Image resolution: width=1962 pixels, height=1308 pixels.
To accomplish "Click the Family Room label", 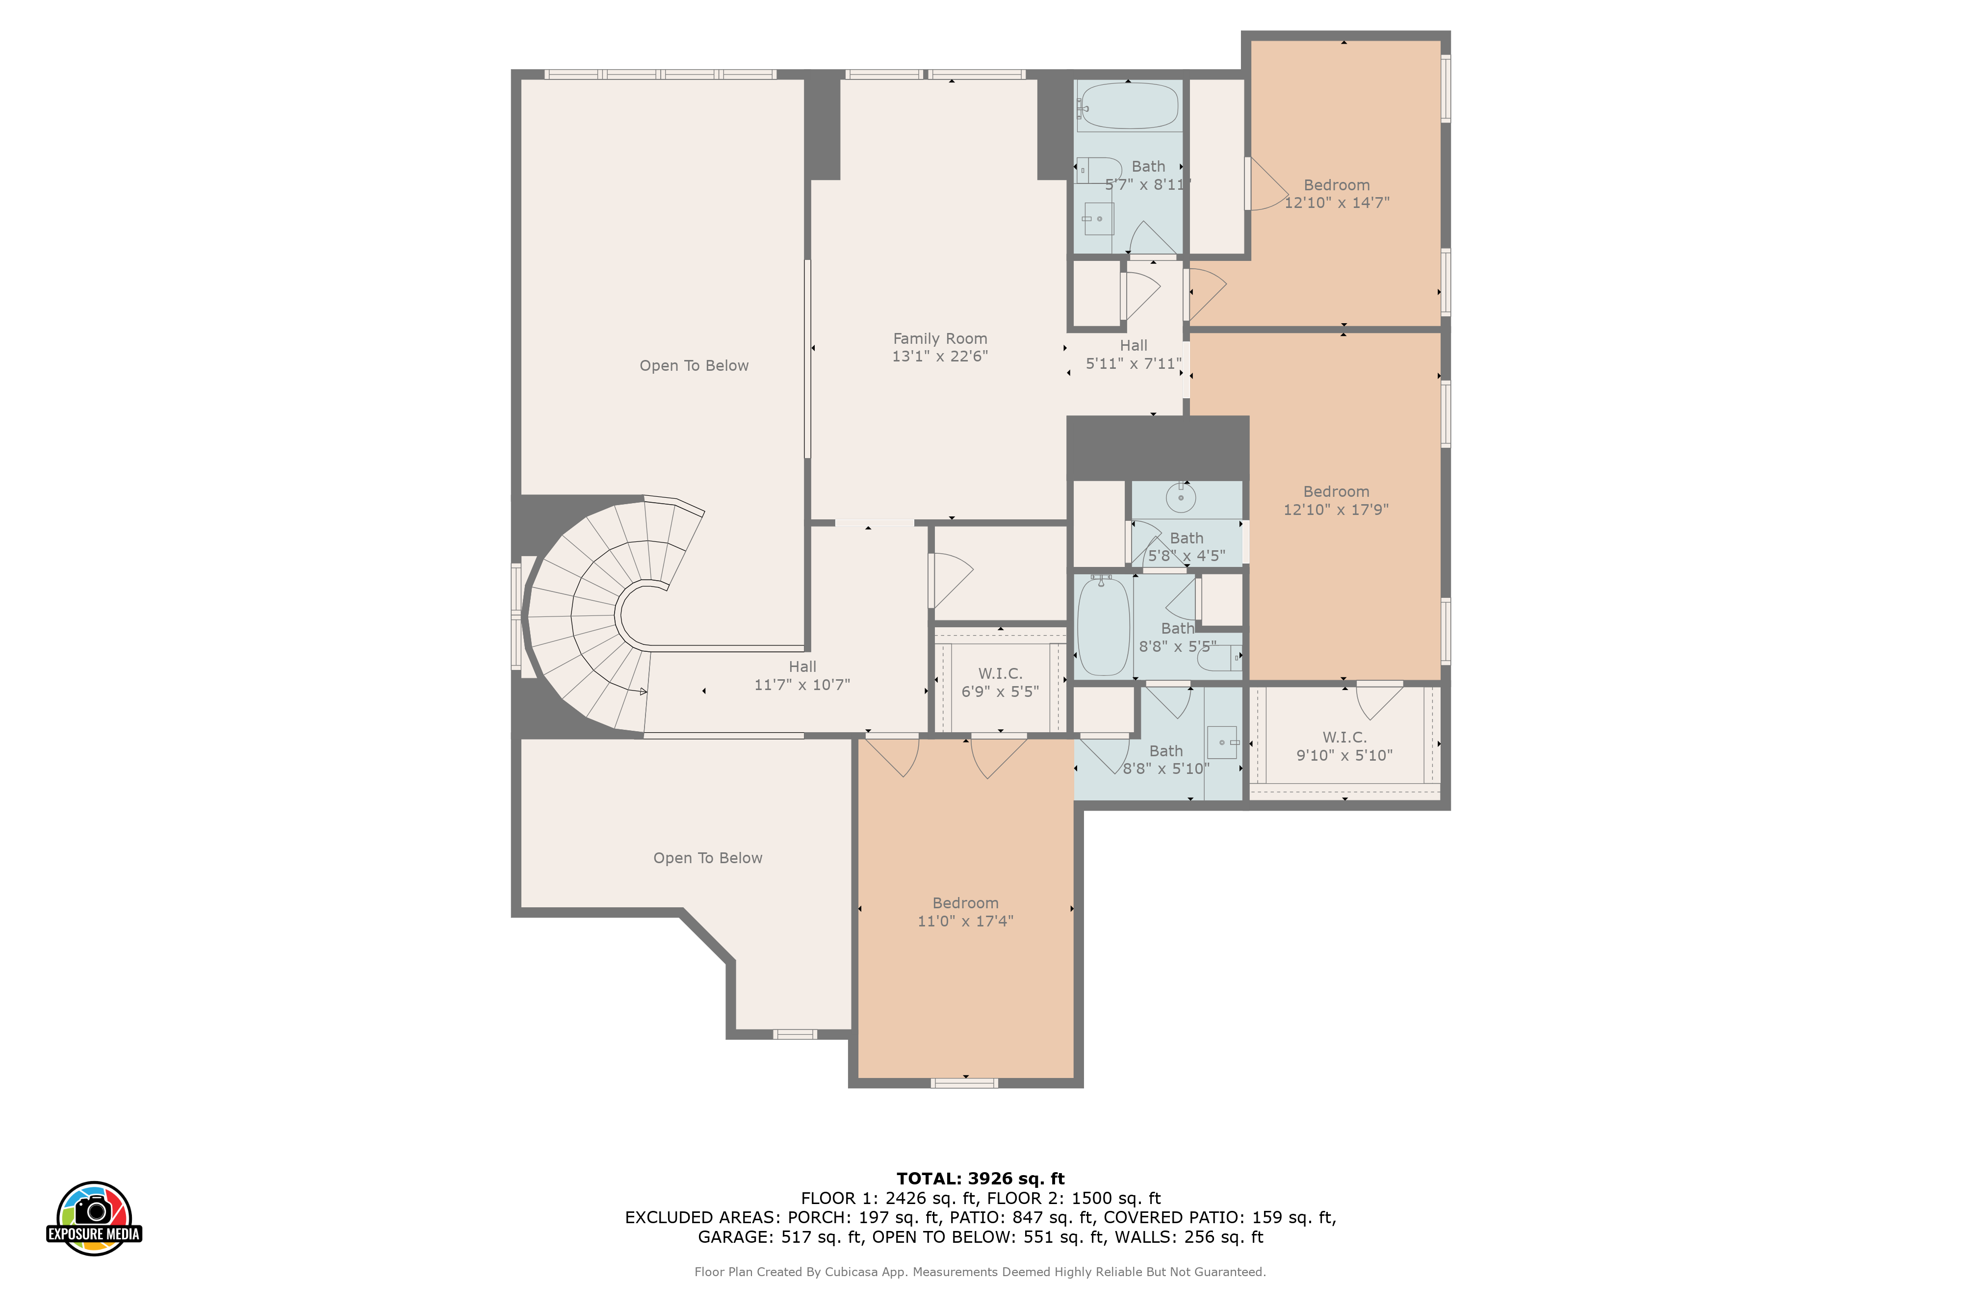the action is [x=940, y=339].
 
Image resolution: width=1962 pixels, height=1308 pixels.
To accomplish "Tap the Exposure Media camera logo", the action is [x=94, y=1218].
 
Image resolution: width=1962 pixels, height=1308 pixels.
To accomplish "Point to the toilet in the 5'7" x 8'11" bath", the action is [x=1099, y=170].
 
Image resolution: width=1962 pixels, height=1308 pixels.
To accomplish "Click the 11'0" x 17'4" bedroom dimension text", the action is [x=965, y=921].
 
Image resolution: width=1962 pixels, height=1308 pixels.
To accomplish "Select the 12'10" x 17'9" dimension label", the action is [x=1336, y=510].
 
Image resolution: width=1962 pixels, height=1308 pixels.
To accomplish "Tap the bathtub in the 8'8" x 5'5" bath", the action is [x=1104, y=626].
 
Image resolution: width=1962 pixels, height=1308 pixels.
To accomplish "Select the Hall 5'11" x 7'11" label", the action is [x=1134, y=355].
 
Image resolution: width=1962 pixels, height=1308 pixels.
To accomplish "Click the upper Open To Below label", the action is [x=694, y=365].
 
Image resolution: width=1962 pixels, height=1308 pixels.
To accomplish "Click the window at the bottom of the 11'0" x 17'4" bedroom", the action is [x=964, y=1083].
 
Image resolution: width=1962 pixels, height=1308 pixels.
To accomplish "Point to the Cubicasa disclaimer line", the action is [x=980, y=1272].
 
